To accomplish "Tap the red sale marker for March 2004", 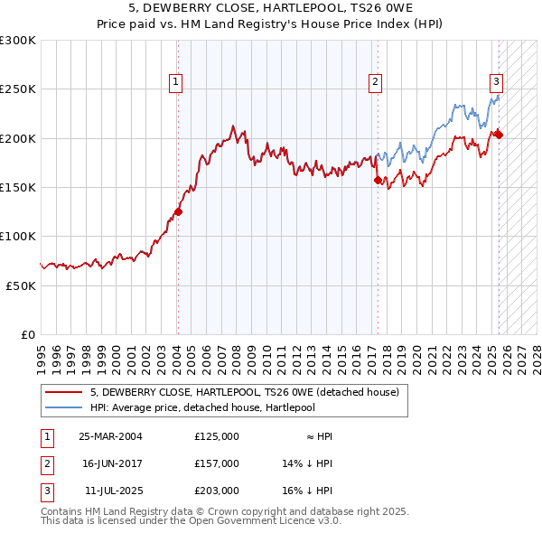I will (178, 212).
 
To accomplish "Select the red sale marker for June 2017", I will (378, 181).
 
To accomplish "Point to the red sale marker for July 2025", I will (499, 136).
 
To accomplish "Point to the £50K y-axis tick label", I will (21, 285).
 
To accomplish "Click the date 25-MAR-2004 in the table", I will (110, 436).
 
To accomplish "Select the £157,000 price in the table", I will (217, 463).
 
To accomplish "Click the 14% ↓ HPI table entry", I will (308, 463).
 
